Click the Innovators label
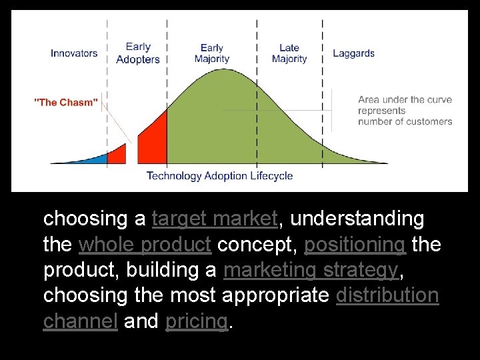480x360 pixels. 73,53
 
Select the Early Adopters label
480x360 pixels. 138,53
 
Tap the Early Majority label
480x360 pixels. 212,53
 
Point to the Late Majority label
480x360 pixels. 289,53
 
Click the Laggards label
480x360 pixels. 353,53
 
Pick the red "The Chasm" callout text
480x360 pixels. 66,102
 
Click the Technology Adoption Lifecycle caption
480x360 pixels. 219,176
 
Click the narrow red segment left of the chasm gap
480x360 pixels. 118,155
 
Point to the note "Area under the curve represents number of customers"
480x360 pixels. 405,111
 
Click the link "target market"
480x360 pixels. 215,219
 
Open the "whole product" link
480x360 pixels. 145,245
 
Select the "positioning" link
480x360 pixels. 355,245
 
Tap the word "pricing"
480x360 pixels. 196,321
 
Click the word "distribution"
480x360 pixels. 387,295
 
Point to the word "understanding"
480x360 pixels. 357,219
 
